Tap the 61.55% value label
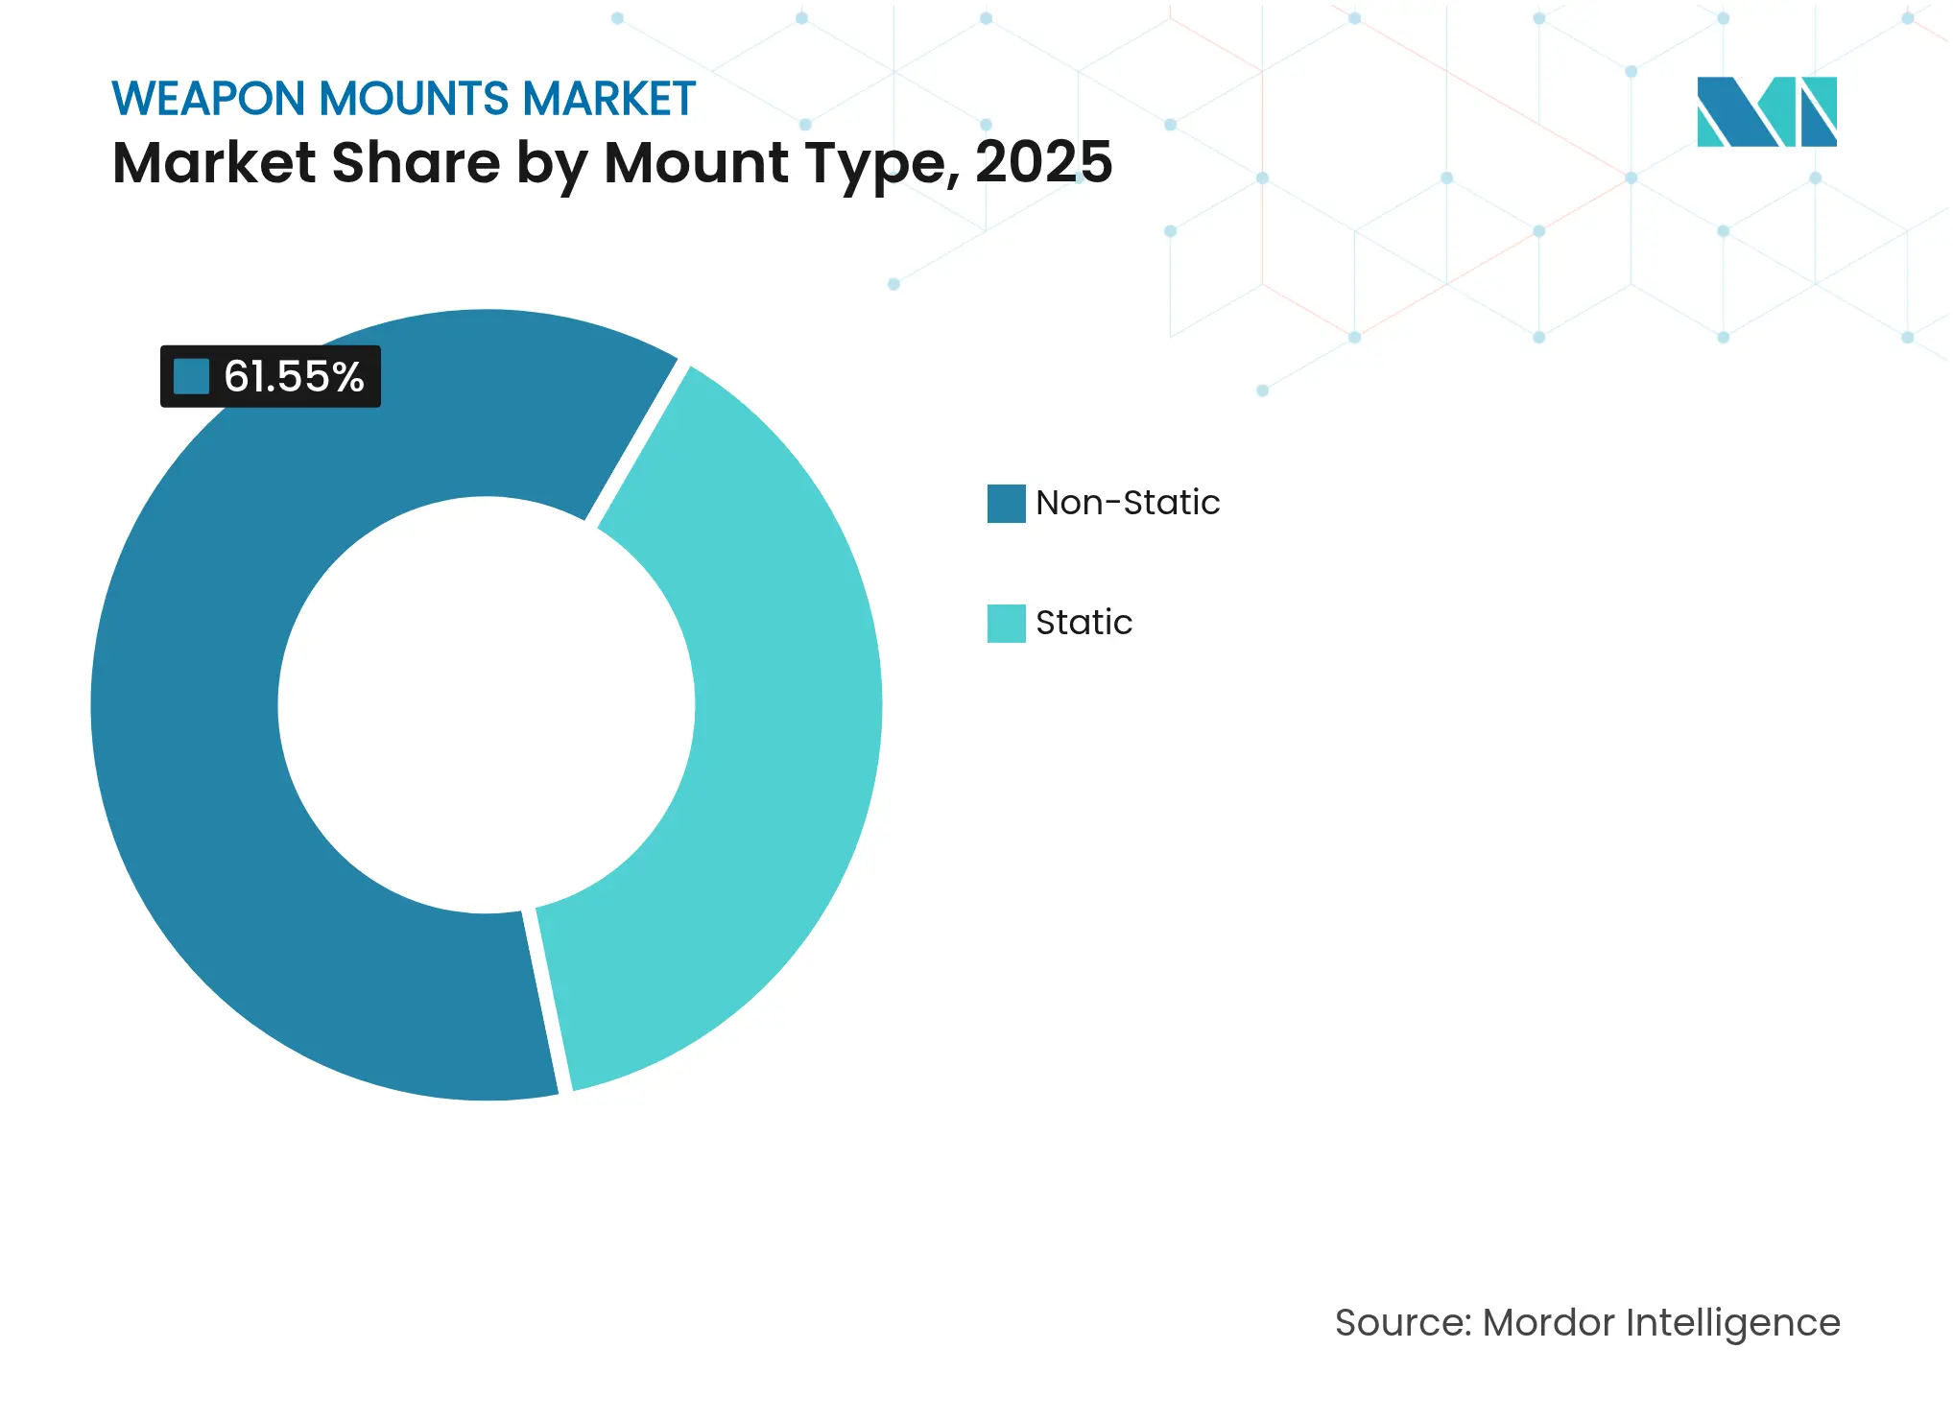[294, 376]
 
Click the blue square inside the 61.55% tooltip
[192, 376]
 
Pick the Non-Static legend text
[1128, 503]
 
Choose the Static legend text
[1084, 623]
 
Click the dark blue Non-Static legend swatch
[1006, 503]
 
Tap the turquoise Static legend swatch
[1006, 623]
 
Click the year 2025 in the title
[1043, 162]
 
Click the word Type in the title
[882, 164]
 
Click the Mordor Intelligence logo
[1766, 111]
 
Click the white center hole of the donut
[486, 705]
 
